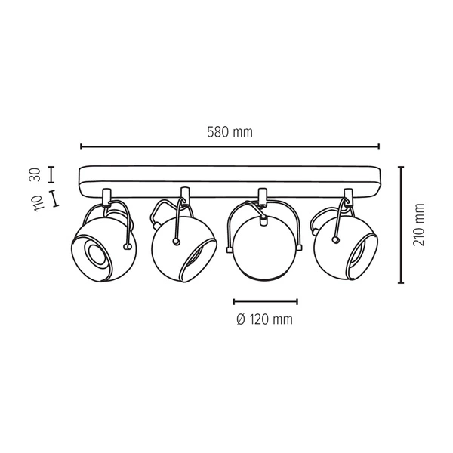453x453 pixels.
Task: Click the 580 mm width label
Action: [x=230, y=131]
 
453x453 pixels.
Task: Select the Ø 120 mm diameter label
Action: [x=264, y=319]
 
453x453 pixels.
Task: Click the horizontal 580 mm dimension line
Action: [x=230, y=147]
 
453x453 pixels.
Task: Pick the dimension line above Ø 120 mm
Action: [x=265, y=301]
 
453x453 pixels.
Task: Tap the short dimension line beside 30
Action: [x=51, y=174]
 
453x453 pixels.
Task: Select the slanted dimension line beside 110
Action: [x=53, y=199]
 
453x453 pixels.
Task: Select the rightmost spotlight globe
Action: [x=344, y=245]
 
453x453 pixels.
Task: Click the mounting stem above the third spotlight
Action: [x=263, y=196]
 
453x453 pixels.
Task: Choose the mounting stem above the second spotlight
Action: [x=183, y=195]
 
